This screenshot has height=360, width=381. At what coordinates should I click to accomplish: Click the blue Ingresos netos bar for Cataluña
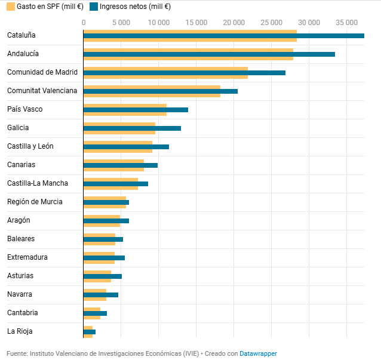point(223,36)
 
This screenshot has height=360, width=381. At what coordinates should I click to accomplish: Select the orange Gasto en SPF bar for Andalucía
point(188,51)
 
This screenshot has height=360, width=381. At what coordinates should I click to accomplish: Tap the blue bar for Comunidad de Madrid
point(184,73)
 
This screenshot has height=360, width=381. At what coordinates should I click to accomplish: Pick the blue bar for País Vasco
point(136,110)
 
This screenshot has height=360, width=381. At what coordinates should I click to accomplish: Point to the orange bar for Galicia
point(119,125)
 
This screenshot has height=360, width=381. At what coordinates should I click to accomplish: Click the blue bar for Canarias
point(120,165)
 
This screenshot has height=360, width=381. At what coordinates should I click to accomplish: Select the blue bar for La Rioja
point(90,332)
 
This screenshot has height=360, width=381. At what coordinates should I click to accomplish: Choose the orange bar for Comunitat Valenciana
point(152,88)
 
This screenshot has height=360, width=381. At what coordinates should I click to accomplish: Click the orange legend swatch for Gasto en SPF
point(10,7)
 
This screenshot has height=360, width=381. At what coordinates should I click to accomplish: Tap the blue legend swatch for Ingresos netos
point(93,7)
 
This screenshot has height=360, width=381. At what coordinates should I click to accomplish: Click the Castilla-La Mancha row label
point(37,183)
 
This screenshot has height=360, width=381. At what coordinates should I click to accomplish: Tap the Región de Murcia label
point(35,202)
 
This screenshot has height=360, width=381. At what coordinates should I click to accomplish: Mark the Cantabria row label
point(23,313)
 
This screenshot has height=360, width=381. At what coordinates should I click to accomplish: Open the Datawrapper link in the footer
point(258,353)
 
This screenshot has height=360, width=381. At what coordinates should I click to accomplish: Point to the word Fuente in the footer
point(17,353)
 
